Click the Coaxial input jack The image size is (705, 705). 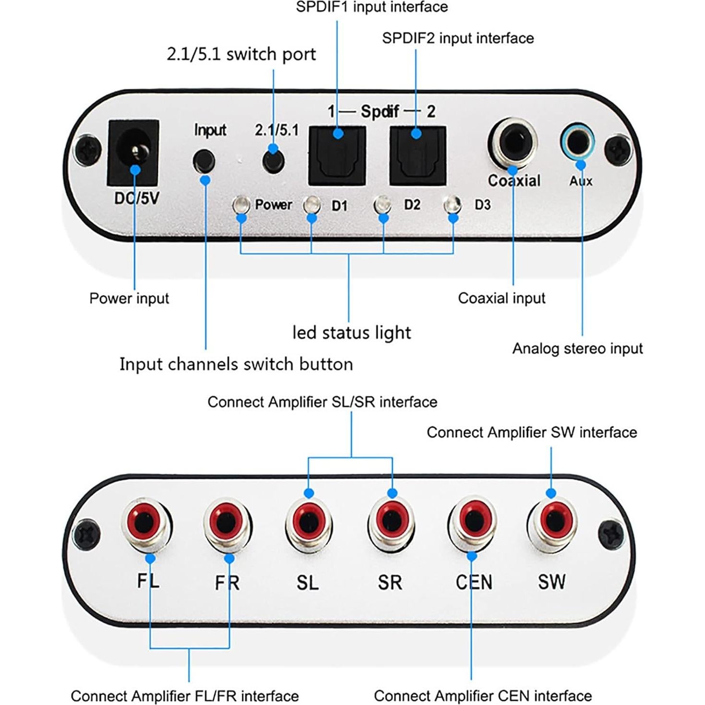pos(512,143)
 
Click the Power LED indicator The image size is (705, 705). pos(241,205)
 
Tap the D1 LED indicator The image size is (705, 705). pos(311,205)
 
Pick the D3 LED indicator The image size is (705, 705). pos(453,205)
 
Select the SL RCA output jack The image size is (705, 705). pos(309,522)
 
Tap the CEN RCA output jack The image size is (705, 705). pos(473,522)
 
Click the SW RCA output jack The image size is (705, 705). pos(552,521)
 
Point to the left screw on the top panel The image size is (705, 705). pos(88,150)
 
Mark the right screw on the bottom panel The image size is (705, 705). pos(612,534)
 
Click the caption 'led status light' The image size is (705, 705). pos(351,333)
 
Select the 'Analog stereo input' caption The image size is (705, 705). pos(577,348)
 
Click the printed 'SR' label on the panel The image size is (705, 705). pos(390,582)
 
